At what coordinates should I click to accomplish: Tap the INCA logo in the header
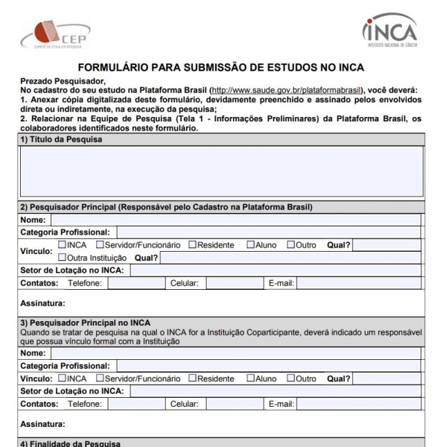pyautogui.click(x=389, y=31)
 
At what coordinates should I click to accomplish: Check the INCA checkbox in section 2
pyautogui.click(x=62, y=244)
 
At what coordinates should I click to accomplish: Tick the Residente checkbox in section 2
pyautogui.click(x=192, y=244)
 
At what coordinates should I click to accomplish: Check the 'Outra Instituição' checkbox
pyautogui.click(x=62, y=257)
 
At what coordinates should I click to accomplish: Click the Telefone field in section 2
pyautogui.click(x=135, y=283)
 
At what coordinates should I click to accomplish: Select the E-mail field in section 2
pyautogui.click(x=360, y=283)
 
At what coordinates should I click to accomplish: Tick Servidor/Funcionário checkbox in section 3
pyautogui.click(x=101, y=378)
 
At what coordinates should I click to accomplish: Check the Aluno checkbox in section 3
pyautogui.click(x=251, y=378)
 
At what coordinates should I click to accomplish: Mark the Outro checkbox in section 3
pyautogui.click(x=291, y=378)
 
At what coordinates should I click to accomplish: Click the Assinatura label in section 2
pyautogui.click(x=42, y=303)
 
